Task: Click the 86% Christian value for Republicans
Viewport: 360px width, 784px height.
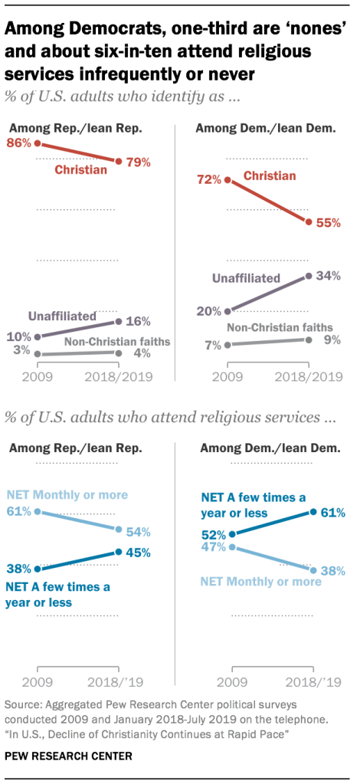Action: (x=19, y=143)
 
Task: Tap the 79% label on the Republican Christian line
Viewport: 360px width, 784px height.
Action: (x=139, y=162)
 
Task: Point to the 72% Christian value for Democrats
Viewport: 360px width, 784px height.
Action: (x=208, y=180)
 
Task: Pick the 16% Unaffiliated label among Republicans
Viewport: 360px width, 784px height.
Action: (x=139, y=321)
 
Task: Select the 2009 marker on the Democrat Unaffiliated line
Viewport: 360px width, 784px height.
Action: (x=227, y=311)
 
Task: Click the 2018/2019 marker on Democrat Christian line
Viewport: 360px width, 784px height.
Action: (x=308, y=222)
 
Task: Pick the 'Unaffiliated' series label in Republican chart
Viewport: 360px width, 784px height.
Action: (x=62, y=315)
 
